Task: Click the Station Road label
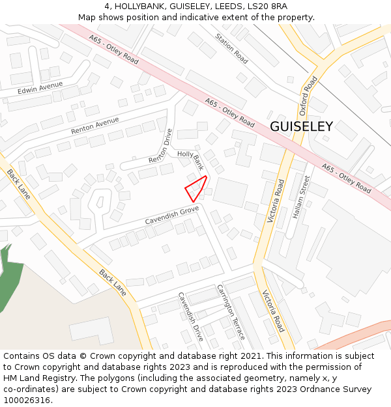[231, 49]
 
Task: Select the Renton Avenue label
[94, 126]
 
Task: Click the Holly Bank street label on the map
[191, 160]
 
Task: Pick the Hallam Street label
[300, 197]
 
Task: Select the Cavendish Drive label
[191, 316]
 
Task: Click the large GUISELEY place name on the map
[301, 126]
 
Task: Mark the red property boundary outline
[196, 188]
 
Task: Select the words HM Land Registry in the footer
[36, 378]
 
